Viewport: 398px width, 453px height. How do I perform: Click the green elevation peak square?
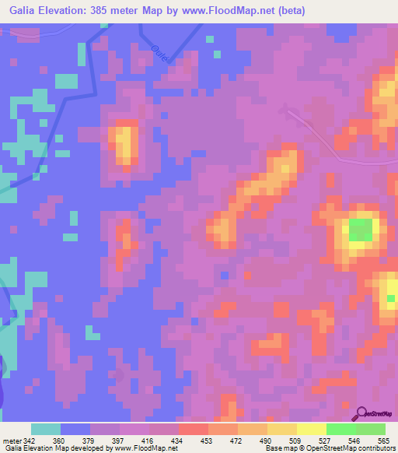tap(359, 230)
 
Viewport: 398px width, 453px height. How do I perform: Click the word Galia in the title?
tap(24, 11)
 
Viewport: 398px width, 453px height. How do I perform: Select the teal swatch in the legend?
tap(46, 430)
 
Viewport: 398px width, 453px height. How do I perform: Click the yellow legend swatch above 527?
tap(312, 430)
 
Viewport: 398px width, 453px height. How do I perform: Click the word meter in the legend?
tap(12, 441)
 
